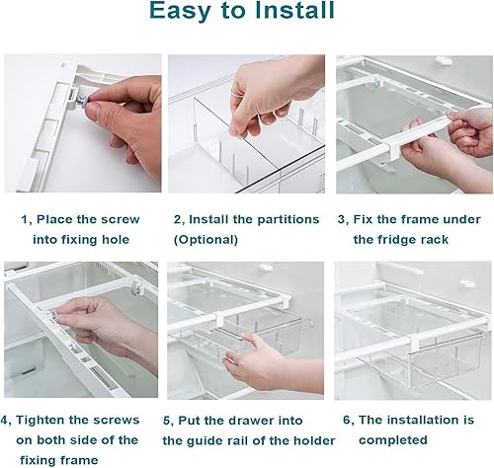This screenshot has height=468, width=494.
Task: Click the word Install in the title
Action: [x=295, y=11]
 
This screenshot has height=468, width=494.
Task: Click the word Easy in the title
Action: [x=180, y=12]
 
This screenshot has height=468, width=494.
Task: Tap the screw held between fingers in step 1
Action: [x=82, y=100]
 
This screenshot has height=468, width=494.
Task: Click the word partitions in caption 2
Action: [x=288, y=220]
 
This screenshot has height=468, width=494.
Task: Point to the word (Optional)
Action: [x=206, y=240]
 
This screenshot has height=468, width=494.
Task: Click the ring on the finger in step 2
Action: [x=233, y=94]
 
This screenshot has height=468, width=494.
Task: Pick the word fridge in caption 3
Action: [x=402, y=240]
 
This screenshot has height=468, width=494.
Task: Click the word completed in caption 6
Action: [x=393, y=440]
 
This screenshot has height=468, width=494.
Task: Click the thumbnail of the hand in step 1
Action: [x=83, y=123]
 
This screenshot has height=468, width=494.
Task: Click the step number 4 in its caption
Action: [x=5, y=421]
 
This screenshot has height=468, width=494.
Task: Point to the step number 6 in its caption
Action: [x=347, y=420]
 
